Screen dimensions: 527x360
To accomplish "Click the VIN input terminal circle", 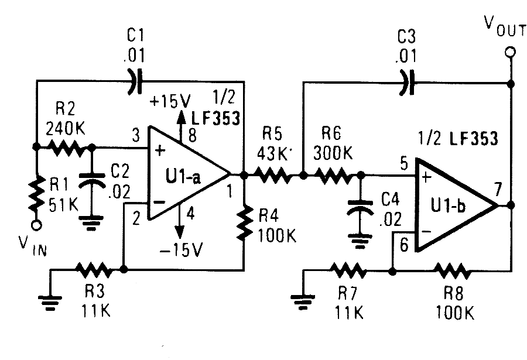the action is click(x=36, y=225).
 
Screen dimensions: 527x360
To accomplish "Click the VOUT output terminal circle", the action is click(x=510, y=53).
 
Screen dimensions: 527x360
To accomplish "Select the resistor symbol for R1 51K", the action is click(x=36, y=193).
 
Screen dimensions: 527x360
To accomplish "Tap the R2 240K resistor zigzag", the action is click(x=66, y=148).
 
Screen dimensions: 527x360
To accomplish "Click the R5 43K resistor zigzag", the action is click(x=273, y=176).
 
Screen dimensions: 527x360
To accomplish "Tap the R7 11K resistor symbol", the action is click(x=348, y=270).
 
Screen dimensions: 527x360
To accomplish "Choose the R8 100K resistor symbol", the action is click(x=453, y=270).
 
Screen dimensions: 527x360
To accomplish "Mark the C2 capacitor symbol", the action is click(x=91, y=181).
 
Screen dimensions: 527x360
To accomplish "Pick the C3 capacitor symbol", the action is click(x=406, y=83).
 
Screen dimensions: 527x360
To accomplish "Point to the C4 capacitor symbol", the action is click(x=360, y=207).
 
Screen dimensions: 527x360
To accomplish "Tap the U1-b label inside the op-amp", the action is click(x=449, y=204).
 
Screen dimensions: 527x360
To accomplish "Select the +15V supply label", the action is click(x=170, y=101).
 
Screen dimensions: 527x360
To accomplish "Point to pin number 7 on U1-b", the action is click(x=498, y=189).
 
